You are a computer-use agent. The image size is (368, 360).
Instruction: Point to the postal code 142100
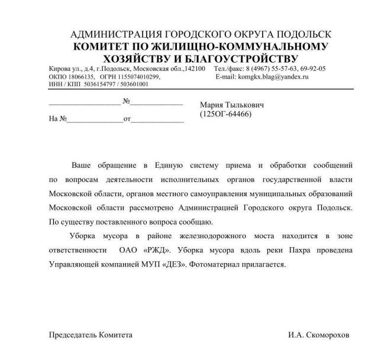[195, 69]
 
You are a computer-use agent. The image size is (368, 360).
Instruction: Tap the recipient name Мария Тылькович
[232, 105]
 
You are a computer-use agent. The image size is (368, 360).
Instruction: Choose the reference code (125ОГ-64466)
[226, 113]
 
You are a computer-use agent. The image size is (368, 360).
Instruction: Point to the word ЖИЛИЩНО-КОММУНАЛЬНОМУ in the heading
[235, 46]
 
